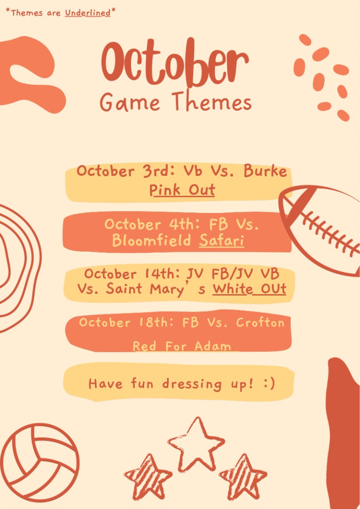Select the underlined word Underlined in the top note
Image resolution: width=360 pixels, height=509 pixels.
pos(88,13)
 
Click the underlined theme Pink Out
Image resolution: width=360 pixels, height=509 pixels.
pos(182,190)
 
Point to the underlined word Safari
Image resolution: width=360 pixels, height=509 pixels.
pos(221,241)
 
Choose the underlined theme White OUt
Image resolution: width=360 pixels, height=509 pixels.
pos(249,288)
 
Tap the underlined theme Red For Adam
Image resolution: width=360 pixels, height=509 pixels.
pos(182,346)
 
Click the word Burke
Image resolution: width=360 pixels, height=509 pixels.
pos(265,171)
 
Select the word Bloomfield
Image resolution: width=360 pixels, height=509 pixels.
pos(151,240)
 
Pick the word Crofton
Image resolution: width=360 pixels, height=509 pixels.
pos(260,322)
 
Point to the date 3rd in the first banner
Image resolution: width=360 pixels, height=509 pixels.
pos(156,171)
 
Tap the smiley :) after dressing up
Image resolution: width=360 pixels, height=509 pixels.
pos(269,383)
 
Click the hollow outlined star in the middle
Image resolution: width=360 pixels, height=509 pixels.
pos(196,444)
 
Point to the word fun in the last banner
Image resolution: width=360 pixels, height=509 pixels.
pos(142,383)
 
